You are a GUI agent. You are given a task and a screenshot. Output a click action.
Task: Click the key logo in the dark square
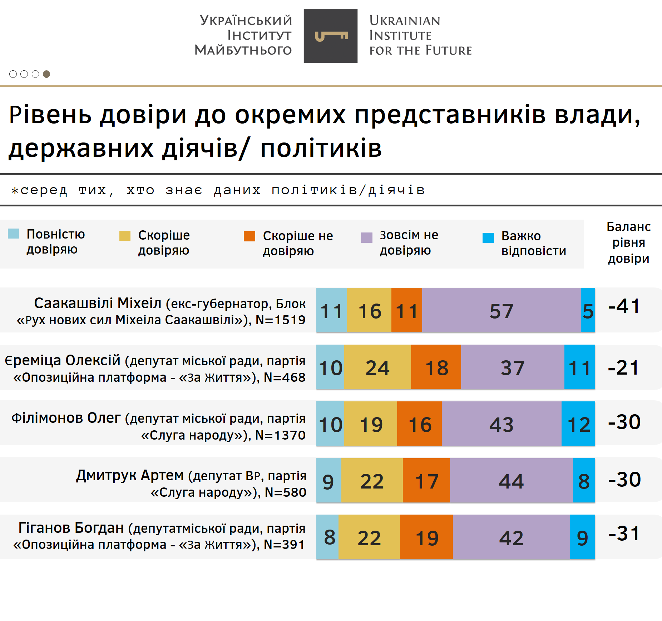331,36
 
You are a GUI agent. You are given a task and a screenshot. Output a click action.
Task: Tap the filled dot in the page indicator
46,74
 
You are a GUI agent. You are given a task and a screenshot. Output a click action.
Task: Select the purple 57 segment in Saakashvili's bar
501,310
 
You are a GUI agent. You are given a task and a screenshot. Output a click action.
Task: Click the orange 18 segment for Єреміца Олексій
436,367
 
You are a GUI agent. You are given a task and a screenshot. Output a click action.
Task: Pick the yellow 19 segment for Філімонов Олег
371,424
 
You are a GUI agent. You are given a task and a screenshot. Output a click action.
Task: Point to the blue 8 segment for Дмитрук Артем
584,481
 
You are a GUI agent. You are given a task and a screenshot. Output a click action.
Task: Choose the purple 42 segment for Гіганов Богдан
511,537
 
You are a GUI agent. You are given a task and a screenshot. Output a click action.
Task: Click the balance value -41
624,306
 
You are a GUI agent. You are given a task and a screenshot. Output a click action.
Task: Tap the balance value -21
624,367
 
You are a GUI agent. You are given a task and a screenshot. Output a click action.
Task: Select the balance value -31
624,534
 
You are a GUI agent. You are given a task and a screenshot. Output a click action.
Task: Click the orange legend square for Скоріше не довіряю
250,236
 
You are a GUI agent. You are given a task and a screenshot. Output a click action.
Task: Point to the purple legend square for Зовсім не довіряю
367,237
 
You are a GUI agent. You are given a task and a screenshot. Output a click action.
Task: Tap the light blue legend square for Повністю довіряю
14,234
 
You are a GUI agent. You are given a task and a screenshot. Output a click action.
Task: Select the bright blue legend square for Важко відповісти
488,237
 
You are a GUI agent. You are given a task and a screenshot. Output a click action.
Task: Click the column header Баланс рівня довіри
628,242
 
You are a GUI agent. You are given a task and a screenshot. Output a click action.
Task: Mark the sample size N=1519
281,320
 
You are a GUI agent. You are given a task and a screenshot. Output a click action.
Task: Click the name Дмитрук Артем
130,475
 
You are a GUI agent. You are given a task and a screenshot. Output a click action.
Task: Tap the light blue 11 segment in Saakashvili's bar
332,310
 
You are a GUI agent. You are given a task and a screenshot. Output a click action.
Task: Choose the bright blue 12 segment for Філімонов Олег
578,424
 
